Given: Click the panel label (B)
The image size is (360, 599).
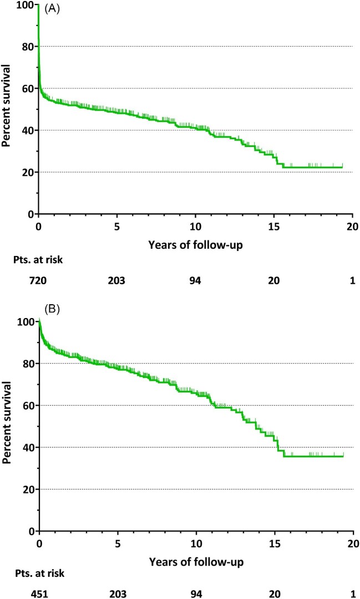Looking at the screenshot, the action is pyautogui.click(x=52, y=309).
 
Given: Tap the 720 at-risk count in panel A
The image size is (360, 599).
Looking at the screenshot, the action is pyautogui.click(x=38, y=281).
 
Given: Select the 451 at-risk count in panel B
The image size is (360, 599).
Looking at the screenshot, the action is pyautogui.click(x=39, y=594).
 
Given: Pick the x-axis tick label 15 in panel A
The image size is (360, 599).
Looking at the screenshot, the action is pyautogui.click(x=273, y=226).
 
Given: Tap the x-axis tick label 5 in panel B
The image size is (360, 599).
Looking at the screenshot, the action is pyautogui.click(x=118, y=543).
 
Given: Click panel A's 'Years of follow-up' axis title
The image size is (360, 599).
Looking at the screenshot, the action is pyautogui.click(x=195, y=245).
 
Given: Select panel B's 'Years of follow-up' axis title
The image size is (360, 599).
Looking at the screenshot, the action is pyautogui.click(x=196, y=562).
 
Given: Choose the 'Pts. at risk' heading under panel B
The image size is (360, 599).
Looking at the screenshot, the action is pyautogui.click(x=40, y=573).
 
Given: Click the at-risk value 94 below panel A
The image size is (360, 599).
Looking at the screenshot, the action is pyautogui.click(x=195, y=281).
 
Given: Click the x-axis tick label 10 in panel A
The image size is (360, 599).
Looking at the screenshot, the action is pyautogui.click(x=195, y=226).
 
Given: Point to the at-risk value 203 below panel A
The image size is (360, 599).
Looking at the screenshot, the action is pyautogui.click(x=117, y=281).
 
